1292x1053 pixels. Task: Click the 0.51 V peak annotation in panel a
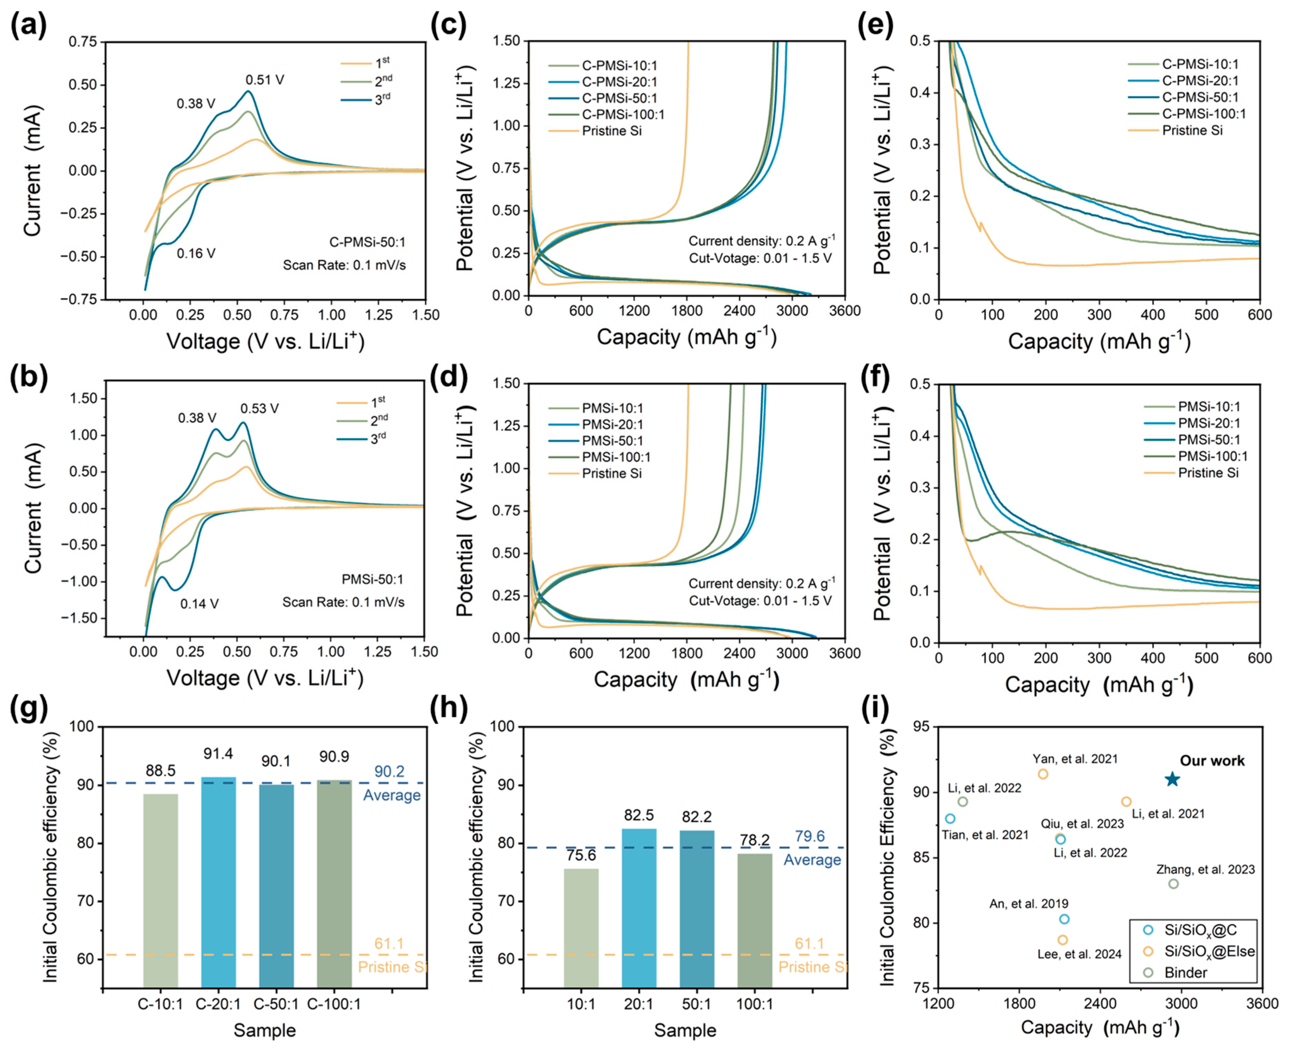click(265, 80)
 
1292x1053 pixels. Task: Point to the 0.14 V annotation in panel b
click(199, 603)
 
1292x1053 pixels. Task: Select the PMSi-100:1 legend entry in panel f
click(1212, 456)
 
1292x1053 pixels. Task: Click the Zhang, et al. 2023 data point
click(1174, 884)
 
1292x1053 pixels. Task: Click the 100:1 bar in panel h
click(755, 921)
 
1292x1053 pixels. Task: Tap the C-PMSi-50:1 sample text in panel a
click(367, 242)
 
